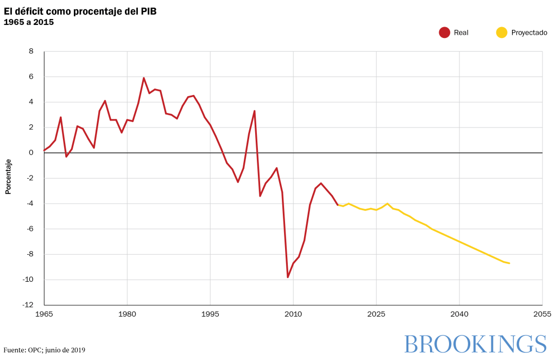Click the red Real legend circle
click(x=445, y=33)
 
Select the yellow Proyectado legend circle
click(x=502, y=33)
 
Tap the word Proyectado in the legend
click(x=529, y=33)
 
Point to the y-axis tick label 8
click(x=31, y=52)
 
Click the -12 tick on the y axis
click(x=27, y=305)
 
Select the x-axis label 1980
click(x=127, y=314)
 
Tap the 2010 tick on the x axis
click(x=293, y=314)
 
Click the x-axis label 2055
click(x=542, y=314)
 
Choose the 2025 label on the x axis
click(x=376, y=314)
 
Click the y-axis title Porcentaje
click(x=8, y=176)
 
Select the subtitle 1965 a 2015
click(x=29, y=22)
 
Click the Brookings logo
click(x=475, y=344)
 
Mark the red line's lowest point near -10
click(x=288, y=277)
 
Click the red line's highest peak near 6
click(x=144, y=78)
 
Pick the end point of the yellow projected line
click(x=509, y=263)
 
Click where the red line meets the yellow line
click(x=338, y=205)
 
